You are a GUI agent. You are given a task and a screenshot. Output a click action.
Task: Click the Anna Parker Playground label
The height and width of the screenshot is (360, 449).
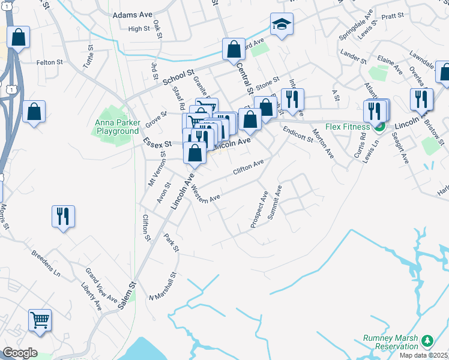click(116, 127)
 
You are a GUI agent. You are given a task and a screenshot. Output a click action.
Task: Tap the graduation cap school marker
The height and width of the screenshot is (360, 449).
click(281, 25)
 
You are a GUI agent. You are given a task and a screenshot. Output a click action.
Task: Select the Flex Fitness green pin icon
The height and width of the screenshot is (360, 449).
click(379, 127)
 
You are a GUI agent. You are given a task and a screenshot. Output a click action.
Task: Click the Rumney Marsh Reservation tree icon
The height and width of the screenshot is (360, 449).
click(427, 341)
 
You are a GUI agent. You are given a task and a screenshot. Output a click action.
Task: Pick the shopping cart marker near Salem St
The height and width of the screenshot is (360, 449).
click(40, 320)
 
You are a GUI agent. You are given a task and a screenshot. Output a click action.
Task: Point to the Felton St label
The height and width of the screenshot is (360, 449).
click(50, 62)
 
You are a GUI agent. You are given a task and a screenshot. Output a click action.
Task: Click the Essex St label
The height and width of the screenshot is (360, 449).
click(157, 143)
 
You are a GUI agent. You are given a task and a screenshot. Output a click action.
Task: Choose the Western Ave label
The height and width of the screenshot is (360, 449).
click(205, 193)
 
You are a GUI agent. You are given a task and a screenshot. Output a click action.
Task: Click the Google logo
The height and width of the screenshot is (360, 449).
click(20, 353)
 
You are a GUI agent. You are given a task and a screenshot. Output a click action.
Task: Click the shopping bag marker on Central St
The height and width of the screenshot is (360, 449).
click(234, 50)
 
